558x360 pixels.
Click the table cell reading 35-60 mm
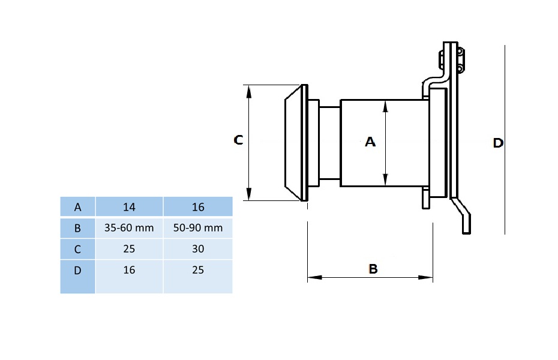[x=129, y=228]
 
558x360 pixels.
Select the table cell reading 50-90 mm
[x=198, y=228]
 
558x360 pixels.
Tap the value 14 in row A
[x=129, y=207]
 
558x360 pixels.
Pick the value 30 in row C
[x=198, y=249]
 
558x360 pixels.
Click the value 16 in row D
[x=129, y=270]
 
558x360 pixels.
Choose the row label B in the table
[x=77, y=228]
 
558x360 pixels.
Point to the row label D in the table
[x=77, y=270]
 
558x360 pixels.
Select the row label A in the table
[x=77, y=207]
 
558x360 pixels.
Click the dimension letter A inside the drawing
[x=370, y=142]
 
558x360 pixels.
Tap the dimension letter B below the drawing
[x=373, y=269]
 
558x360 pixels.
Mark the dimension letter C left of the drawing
[x=238, y=140]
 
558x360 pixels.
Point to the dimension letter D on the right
[x=497, y=143]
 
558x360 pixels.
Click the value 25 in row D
[x=198, y=270]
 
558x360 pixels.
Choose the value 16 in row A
[x=198, y=207]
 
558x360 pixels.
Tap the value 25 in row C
[x=129, y=249]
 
